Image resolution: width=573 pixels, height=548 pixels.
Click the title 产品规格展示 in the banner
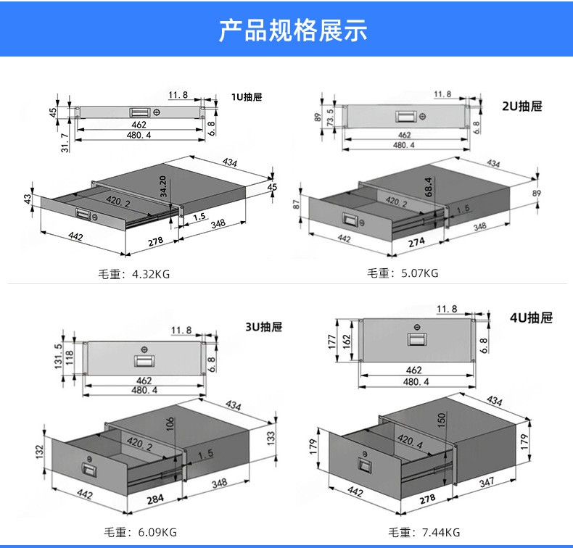point(293,30)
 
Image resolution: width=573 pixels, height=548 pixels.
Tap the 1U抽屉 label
point(247,97)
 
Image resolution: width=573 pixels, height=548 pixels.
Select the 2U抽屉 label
point(522,107)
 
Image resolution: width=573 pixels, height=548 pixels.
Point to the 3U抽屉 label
point(263,326)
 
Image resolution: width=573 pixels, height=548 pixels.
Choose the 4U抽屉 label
point(531,317)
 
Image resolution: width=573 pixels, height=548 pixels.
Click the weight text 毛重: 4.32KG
point(133,274)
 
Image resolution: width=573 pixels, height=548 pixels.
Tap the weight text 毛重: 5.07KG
point(403,273)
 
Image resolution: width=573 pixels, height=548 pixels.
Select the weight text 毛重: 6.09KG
point(140,532)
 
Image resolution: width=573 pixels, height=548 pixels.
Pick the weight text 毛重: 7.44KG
point(424,532)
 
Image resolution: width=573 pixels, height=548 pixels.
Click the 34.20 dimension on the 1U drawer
point(163,186)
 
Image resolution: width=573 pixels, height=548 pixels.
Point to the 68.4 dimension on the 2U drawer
point(428,187)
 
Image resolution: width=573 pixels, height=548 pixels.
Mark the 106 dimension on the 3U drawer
point(170,424)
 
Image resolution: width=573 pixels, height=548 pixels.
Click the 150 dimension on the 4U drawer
point(442,420)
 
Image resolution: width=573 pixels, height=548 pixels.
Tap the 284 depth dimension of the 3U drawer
point(155,499)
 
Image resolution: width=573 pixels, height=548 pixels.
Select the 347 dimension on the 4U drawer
point(487,482)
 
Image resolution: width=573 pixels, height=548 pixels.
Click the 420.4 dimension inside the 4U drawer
point(410,441)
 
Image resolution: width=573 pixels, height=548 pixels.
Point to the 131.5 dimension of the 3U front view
point(58,356)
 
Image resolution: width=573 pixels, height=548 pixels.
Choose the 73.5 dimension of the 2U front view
point(330,117)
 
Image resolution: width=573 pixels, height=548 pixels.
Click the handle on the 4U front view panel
point(415,339)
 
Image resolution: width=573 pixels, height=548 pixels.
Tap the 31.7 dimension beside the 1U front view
point(65,143)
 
